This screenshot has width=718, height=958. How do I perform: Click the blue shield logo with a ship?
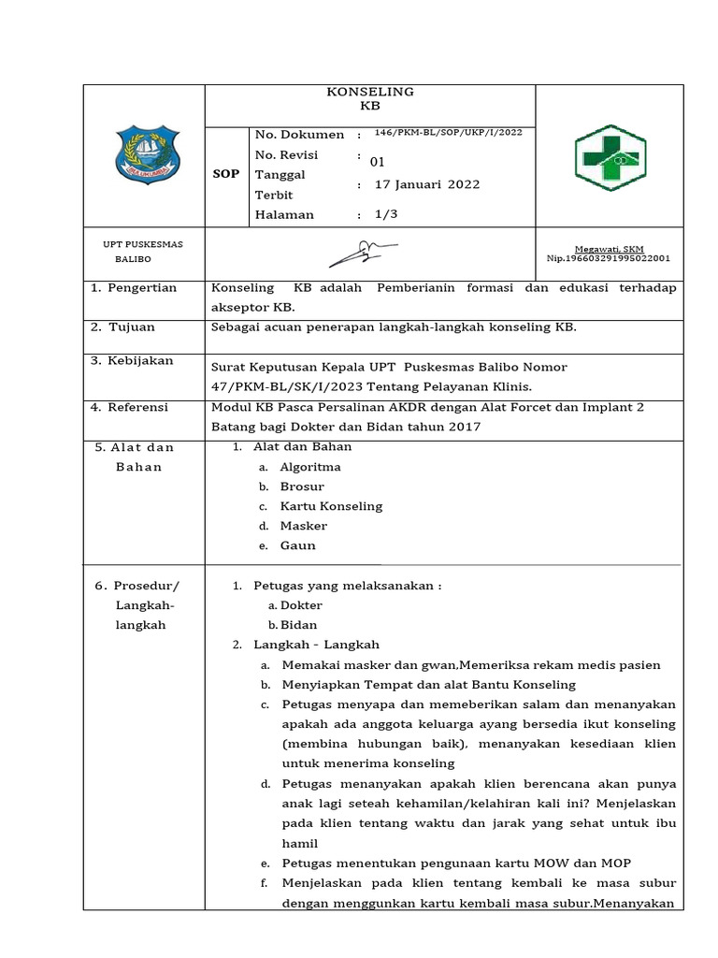point(143,153)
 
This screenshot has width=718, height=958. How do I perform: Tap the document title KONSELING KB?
point(369,99)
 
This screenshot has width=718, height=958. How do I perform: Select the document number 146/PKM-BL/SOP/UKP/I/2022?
point(447,133)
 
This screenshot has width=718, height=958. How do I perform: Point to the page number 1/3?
point(385,214)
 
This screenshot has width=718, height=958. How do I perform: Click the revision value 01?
point(379,161)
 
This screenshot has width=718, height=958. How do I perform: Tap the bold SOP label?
point(226,174)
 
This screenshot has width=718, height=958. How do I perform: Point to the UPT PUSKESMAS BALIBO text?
point(142,252)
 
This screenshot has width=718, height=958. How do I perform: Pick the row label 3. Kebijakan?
point(132,360)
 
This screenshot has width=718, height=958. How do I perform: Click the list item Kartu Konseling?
point(331,506)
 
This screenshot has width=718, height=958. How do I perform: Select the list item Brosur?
point(302,486)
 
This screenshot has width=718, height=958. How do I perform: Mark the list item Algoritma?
point(310,467)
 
